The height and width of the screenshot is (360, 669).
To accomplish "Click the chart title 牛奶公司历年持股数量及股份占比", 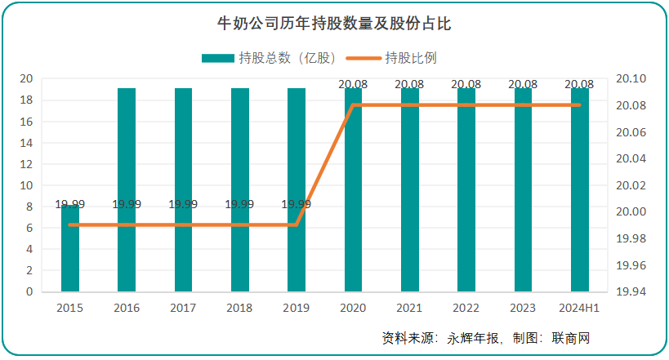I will [334, 24].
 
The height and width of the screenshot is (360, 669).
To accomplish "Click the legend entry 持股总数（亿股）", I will [270, 58].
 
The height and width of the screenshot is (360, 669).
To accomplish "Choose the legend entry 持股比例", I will [400, 58].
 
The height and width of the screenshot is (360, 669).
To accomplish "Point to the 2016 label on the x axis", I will [127, 308].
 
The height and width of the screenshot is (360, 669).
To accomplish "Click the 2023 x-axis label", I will [523, 308].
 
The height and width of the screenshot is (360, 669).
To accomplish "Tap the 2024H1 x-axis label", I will [580, 308].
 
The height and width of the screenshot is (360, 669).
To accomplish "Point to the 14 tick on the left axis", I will [27, 143].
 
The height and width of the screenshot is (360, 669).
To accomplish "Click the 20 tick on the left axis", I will [27, 79].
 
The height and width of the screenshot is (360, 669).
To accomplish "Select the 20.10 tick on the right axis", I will [631, 79].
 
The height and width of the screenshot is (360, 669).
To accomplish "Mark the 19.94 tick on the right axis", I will [631, 291].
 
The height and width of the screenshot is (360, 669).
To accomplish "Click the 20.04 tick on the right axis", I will [631, 158].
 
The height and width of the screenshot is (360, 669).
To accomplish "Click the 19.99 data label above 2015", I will [70, 204].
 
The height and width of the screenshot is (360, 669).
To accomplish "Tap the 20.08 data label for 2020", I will [354, 83].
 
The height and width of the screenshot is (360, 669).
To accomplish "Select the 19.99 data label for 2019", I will [296, 204].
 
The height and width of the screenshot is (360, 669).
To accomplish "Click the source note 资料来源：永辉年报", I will [439, 338].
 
